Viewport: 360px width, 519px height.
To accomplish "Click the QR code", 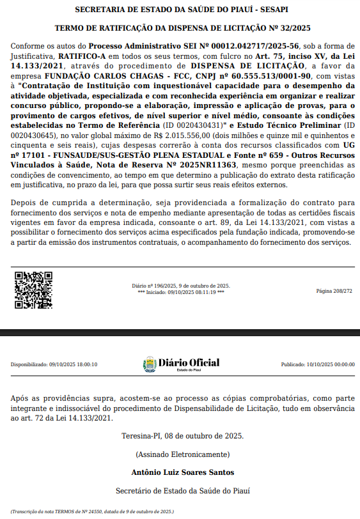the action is (33, 290).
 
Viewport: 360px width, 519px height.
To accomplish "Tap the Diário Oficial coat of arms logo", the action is (148, 364).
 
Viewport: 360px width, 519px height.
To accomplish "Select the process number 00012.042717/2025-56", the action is (245, 47).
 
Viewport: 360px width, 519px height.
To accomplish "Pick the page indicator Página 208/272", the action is (334, 291).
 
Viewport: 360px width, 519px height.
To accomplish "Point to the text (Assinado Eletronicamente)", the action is (182, 454).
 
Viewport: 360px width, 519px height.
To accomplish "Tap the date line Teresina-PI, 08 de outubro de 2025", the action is (182, 437).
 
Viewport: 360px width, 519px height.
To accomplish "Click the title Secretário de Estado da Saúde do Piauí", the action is (183, 491).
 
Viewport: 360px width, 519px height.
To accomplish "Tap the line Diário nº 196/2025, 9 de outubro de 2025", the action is (181, 286).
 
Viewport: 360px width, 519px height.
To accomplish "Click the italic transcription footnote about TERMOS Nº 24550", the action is (92, 511).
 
